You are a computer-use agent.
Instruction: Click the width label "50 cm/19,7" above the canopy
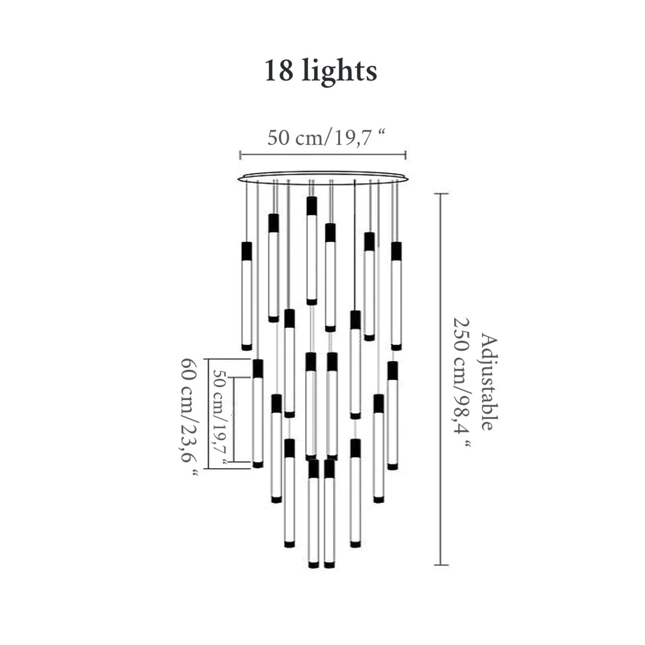pos(326,138)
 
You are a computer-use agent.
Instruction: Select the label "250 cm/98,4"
pos(462,384)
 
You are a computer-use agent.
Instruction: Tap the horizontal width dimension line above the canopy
pos(323,155)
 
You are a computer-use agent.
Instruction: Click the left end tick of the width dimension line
pos(240,155)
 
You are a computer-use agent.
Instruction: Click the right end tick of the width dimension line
pos(405,155)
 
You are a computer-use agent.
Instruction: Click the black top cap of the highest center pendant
pos(311,206)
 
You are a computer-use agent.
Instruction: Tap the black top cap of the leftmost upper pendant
pos(246,251)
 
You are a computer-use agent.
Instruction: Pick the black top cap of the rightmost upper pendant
pos(396,251)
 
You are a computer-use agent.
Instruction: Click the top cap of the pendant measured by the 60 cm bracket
pos(258,368)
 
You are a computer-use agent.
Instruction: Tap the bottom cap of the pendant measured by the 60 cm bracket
pos(258,465)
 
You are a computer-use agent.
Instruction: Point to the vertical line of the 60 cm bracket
pos(209,414)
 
